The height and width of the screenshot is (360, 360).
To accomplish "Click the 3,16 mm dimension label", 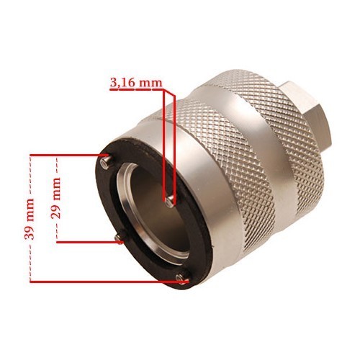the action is click(x=136, y=83).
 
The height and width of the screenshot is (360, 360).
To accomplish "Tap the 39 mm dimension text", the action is click(x=30, y=219).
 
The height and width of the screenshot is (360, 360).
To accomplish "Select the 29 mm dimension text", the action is click(x=55, y=198).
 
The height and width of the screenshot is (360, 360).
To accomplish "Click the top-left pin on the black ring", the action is click(x=107, y=161).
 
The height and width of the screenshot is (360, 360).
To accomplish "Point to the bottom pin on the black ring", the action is click(x=182, y=279).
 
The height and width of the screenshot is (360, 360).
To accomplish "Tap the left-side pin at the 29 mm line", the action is click(x=120, y=238).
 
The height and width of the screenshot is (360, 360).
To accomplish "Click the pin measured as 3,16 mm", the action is click(x=170, y=201).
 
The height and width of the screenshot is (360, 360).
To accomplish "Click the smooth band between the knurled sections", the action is click(x=259, y=153).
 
